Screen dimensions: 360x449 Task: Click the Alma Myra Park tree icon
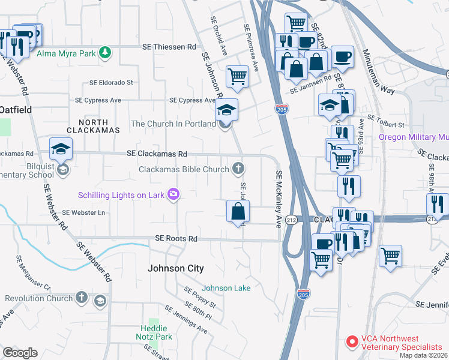(106, 53)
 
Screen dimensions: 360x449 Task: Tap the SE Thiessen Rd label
(169, 47)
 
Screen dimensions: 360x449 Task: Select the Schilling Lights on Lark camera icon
(173, 194)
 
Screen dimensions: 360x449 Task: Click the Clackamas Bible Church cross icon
(239, 169)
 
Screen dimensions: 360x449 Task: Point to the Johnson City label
(176, 269)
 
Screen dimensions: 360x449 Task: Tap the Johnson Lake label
(226, 288)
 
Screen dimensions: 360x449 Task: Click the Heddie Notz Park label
(155, 332)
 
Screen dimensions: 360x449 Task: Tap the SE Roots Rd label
(176, 239)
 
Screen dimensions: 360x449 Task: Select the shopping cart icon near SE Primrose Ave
(237, 76)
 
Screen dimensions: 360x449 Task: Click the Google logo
(20, 353)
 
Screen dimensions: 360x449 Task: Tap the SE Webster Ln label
(83, 213)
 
